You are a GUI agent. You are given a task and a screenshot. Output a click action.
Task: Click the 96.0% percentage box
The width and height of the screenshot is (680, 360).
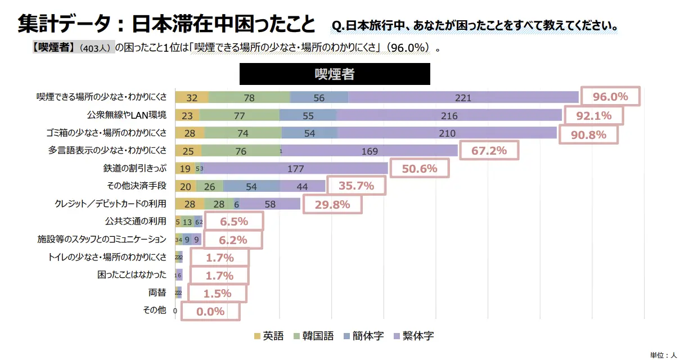[x=610, y=97]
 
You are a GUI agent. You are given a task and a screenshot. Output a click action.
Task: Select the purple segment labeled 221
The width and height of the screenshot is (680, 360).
[x=463, y=97]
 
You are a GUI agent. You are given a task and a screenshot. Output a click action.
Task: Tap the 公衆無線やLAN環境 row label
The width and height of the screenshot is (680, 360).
[x=127, y=115]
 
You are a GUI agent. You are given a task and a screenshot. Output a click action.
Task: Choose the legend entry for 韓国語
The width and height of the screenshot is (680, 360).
[x=314, y=336]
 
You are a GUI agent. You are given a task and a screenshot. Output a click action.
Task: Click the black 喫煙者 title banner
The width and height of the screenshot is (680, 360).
[x=335, y=74]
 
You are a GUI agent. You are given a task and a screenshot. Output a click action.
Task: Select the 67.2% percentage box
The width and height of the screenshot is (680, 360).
[x=489, y=151]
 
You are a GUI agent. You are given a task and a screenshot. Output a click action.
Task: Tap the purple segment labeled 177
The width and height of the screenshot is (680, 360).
[x=295, y=169]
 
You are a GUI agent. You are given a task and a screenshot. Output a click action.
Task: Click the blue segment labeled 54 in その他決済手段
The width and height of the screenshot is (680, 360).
[x=251, y=186]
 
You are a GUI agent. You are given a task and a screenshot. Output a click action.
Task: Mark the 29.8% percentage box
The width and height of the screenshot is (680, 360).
[x=332, y=204]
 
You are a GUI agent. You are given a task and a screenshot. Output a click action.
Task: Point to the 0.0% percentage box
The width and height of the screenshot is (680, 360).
[x=210, y=311]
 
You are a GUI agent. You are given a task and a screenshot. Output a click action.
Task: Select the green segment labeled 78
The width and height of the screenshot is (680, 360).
[x=249, y=97]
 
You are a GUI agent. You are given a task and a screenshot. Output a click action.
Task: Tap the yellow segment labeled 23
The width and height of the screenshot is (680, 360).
[x=187, y=115]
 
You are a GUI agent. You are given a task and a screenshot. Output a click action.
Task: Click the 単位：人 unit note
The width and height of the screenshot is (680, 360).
[x=663, y=355]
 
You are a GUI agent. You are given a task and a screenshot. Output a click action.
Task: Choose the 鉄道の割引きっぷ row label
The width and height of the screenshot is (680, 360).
[x=134, y=169]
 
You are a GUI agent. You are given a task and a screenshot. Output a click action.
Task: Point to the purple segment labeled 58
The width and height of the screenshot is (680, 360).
[x=271, y=204]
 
